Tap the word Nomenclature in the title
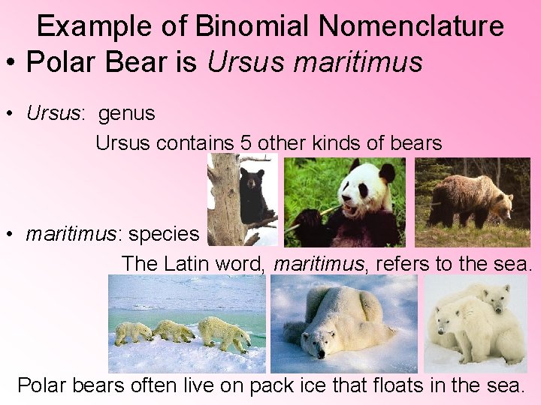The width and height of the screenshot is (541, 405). (411, 26)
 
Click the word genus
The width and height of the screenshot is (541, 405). (126, 113)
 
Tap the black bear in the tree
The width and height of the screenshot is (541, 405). (252, 187)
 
